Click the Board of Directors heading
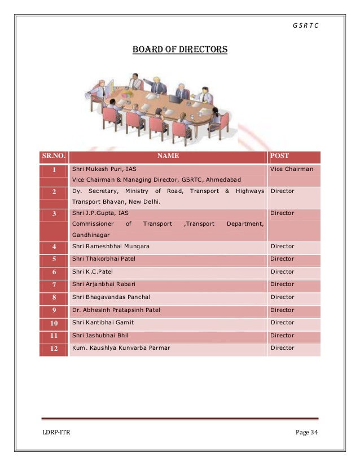179,50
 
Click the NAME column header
168,156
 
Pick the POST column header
280,156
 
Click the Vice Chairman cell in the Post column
291,169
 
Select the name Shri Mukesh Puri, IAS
104,169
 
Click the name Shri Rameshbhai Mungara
111,247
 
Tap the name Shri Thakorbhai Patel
104,259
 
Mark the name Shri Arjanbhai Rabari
104,284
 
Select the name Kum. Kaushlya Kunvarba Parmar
121,348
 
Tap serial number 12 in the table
54,349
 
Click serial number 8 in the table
54,297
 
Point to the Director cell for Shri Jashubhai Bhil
283,335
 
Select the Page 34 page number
306,432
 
